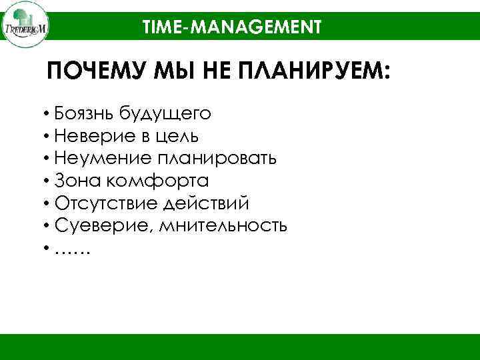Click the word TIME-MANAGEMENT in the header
tap(232, 27)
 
